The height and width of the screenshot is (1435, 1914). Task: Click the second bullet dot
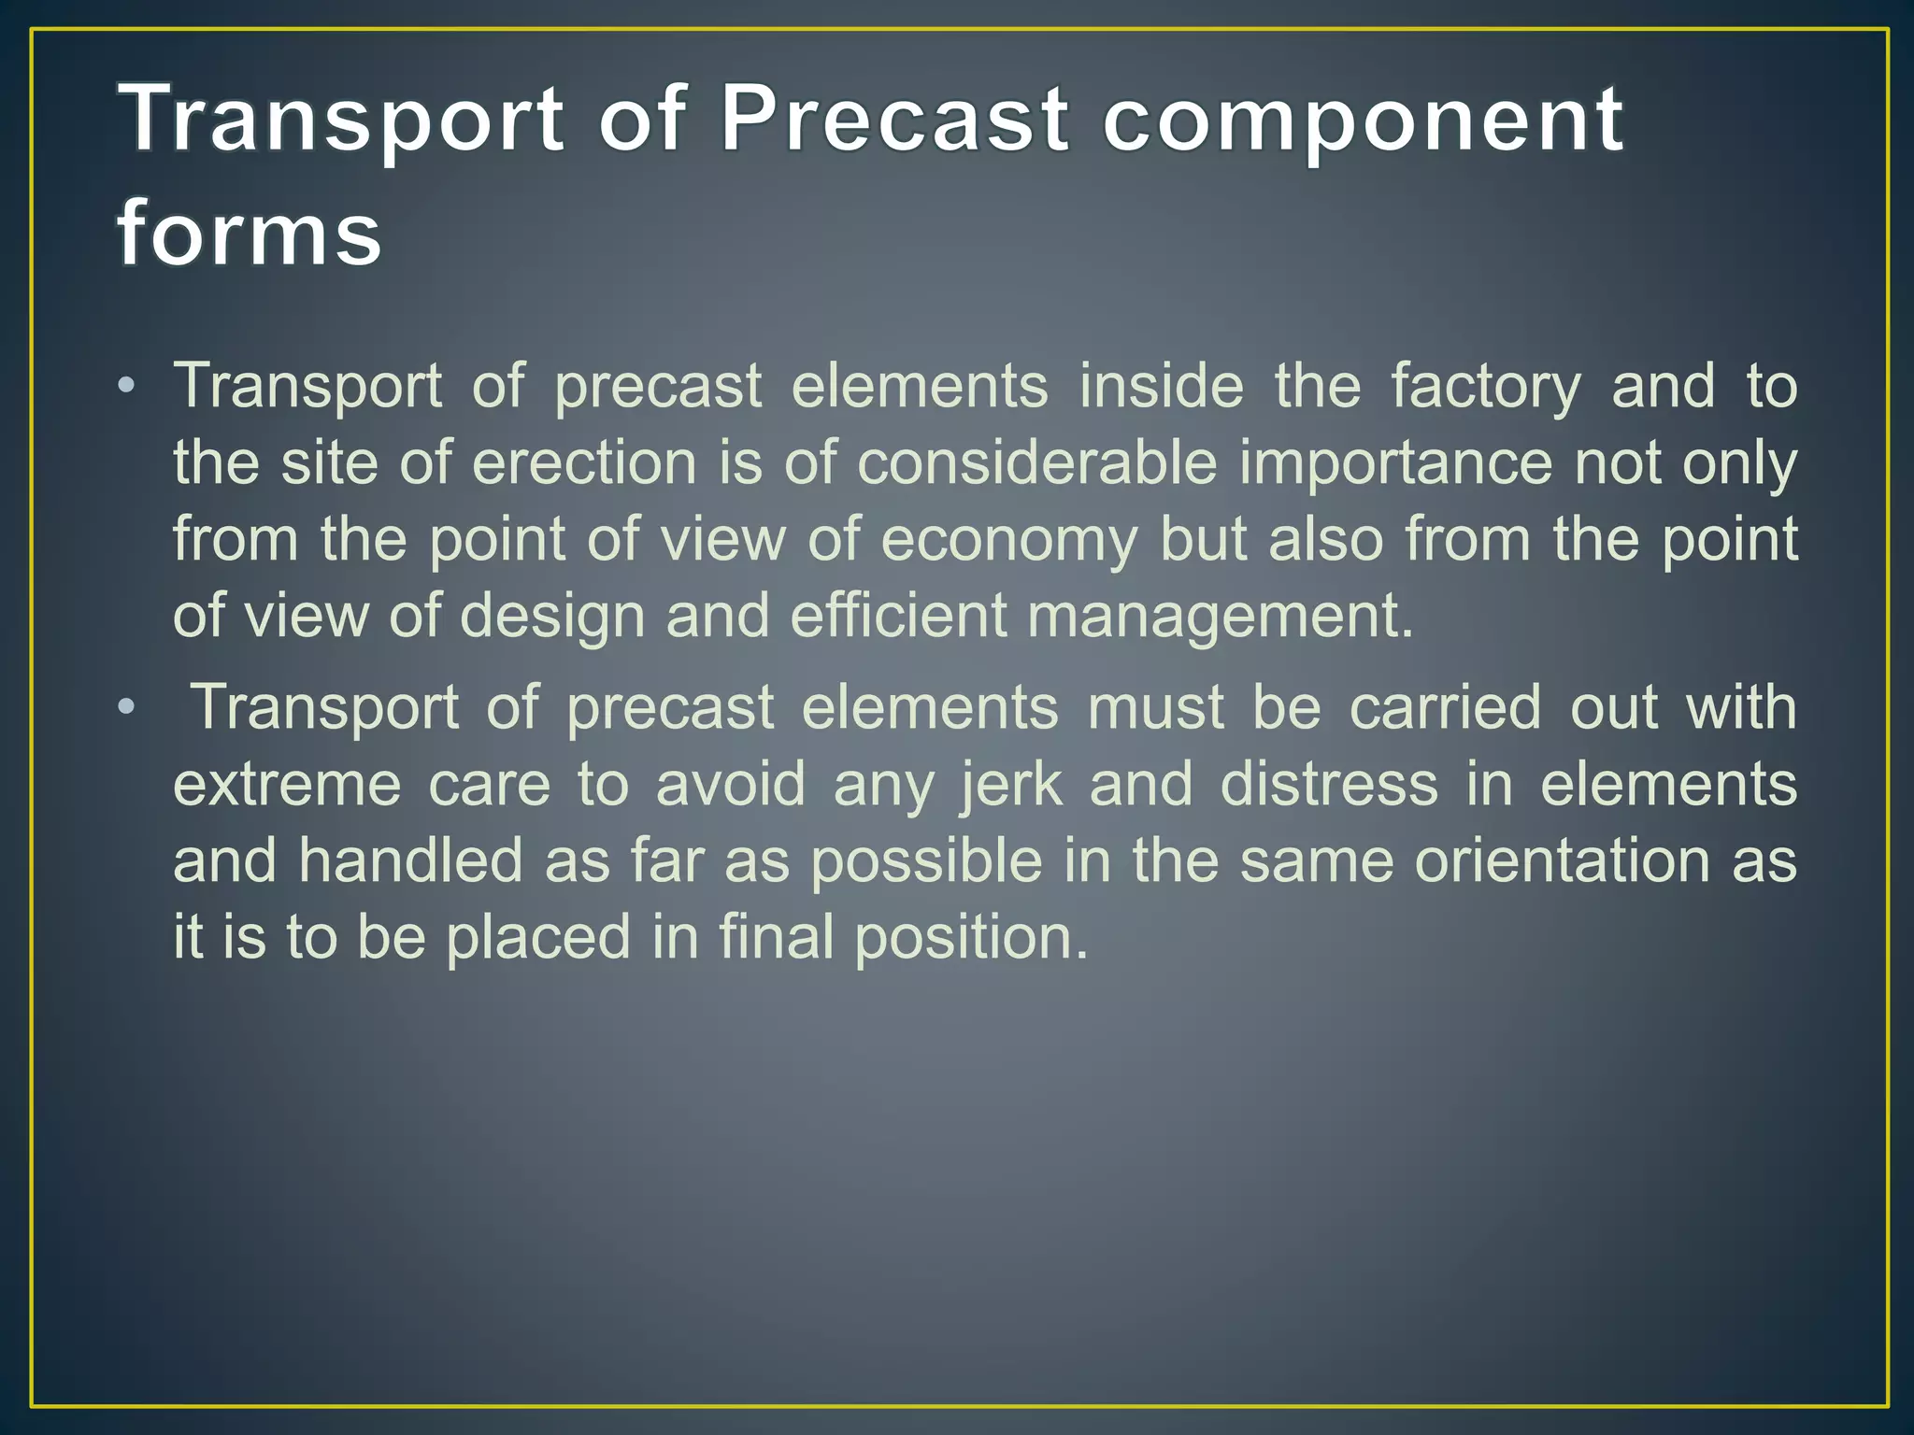(x=127, y=707)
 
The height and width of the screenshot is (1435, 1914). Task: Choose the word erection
(x=584, y=462)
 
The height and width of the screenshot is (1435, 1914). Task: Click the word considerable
(x=1037, y=462)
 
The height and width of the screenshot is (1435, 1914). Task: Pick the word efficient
(x=898, y=616)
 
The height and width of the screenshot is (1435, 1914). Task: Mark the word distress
(x=1329, y=784)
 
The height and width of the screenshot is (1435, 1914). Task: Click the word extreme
(x=287, y=786)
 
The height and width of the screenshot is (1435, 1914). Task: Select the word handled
(x=409, y=860)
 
